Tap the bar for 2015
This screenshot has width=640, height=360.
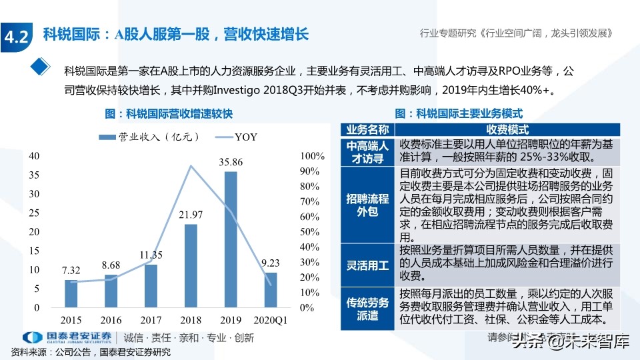pos(71,293)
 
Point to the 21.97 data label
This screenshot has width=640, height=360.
pos(191,215)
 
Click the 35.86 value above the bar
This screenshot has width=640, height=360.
pos(231,162)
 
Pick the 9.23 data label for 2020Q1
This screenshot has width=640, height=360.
pos(271,263)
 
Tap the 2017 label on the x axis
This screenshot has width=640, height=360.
pos(151,319)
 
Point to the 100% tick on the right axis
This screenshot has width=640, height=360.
pos(313,156)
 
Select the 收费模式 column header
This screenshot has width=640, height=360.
pos(507,130)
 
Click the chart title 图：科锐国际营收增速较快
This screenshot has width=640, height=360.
pos(169,114)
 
